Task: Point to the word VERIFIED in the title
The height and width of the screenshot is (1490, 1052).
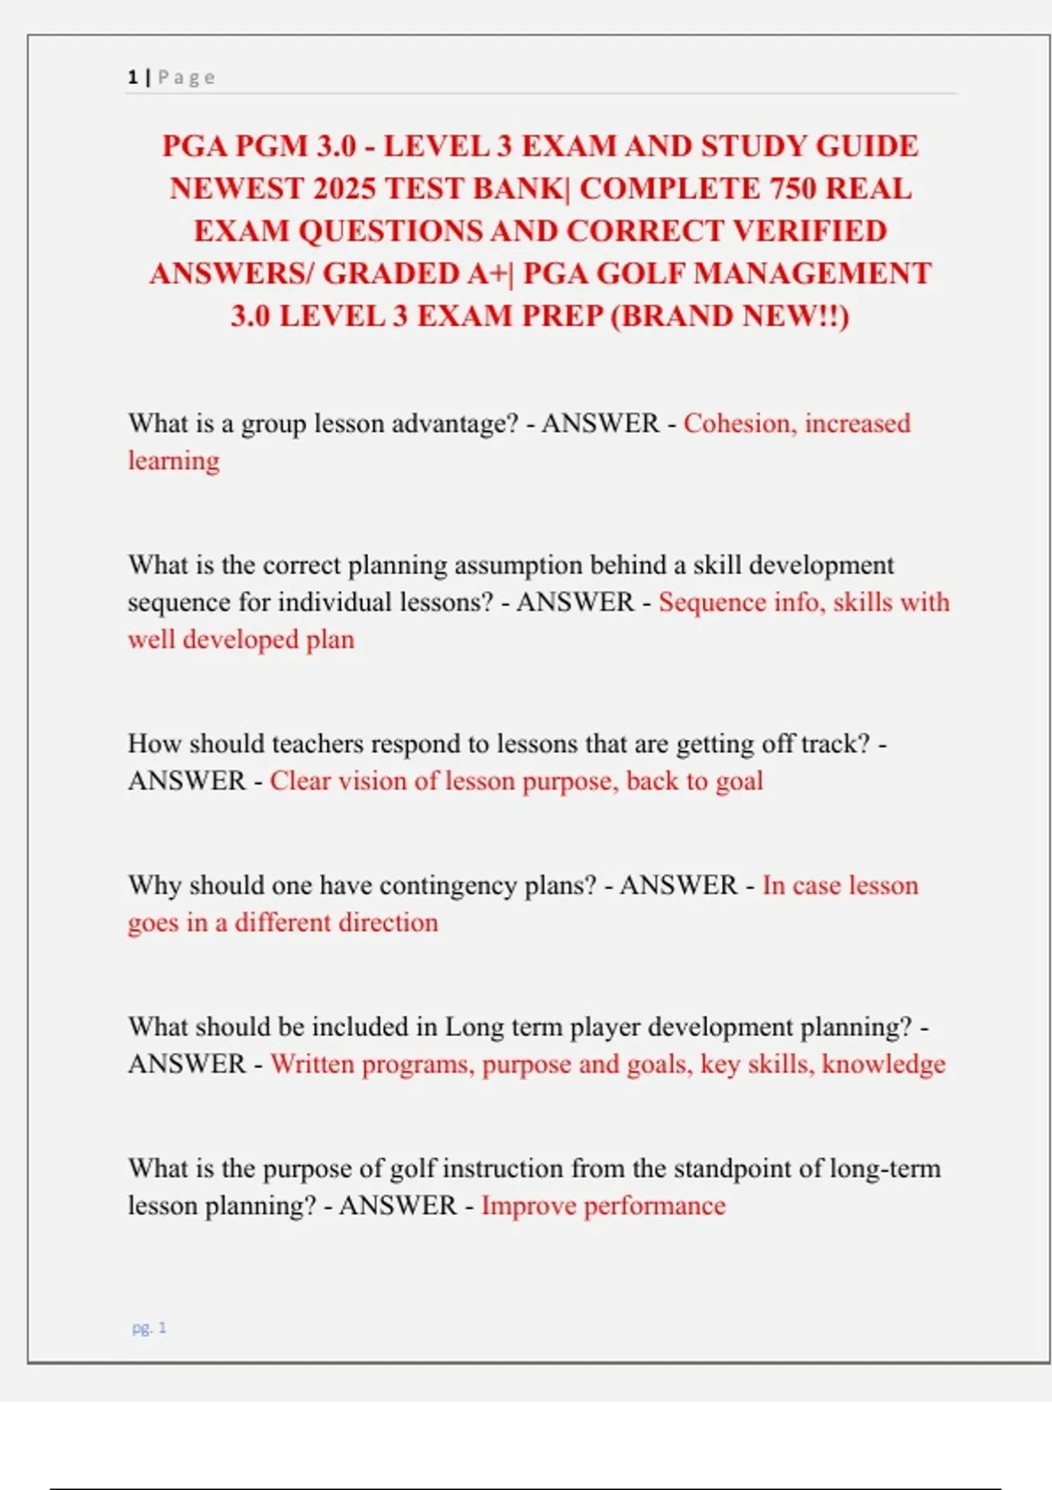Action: click(x=809, y=231)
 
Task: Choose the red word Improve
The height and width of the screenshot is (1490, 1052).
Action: click(x=529, y=1206)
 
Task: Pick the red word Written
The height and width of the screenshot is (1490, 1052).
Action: click(x=312, y=1064)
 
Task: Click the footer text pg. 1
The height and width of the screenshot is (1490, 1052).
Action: click(x=149, y=1328)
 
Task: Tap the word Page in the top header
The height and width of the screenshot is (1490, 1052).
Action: click(x=187, y=77)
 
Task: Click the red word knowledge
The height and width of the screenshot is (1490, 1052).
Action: click(x=884, y=1064)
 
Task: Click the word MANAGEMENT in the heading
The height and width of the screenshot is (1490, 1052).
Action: click(x=813, y=273)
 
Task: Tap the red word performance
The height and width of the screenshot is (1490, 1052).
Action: click(x=654, y=1206)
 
